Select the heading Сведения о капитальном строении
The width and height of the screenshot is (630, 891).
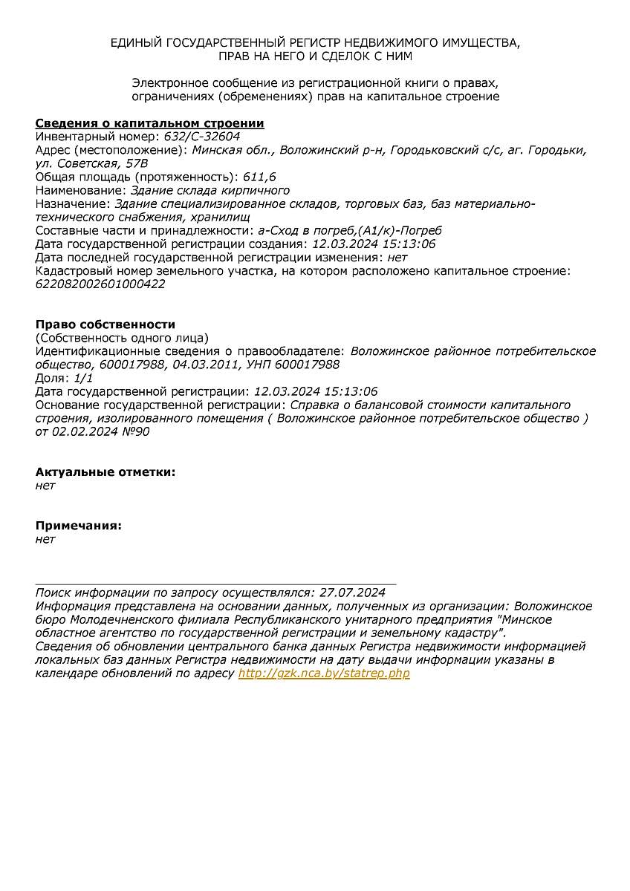(149, 123)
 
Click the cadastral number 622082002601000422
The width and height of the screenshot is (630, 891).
(100, 284)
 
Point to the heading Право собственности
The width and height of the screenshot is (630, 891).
(105, 324)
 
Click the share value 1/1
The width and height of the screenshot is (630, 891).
(83, 378)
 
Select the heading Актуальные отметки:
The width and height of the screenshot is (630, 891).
(105, 472)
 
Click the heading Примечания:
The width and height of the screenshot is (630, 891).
(79, 526)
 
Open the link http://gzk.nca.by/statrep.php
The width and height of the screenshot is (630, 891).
(324, 673)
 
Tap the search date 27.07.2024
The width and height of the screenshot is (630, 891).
(352, 593)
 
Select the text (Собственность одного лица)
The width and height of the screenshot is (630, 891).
(123, 338)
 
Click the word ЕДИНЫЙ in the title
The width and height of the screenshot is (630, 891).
(136, 43)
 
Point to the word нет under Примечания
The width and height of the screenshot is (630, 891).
(45, 539)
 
